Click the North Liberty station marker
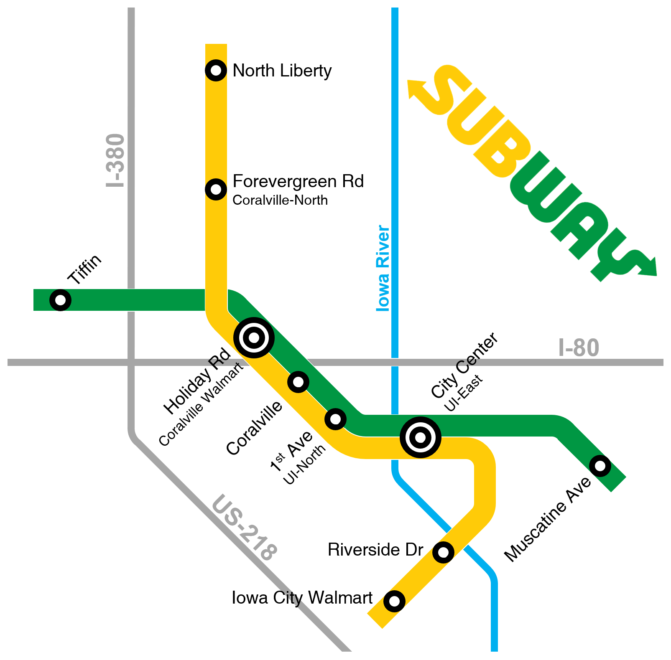tap(216, 70)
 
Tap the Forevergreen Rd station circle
tap(216, 189)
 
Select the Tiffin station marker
tap(60, 300)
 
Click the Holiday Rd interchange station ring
tap(254, 338)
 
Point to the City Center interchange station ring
tap(420, 437)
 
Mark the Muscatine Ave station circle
tap(600, 465)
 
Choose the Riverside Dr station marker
tap(443, 552)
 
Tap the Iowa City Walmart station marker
tap(394, 601)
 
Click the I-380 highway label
tap(115, 160)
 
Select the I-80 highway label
tap(579, 348)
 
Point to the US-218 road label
tap(244, 528)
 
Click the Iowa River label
tap(383, 268)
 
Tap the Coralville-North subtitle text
tap(280, 201)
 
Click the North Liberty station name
tap(282, 71)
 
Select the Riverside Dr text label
tap(375, 550)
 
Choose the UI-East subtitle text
tap(463, 393)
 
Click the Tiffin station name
tap(85, 269)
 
